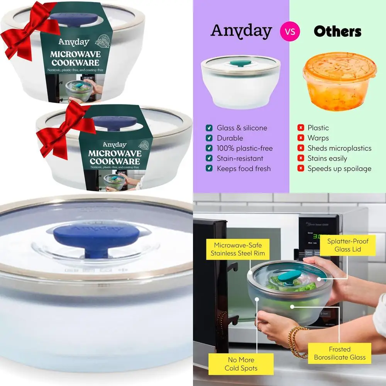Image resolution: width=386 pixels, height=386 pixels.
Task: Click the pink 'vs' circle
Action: [290, 31]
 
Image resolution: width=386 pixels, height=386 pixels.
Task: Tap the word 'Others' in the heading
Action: [337, 31]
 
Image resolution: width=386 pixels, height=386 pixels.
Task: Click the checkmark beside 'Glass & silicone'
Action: [209, 128]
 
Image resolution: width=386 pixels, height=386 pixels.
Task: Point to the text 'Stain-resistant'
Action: [240, 158]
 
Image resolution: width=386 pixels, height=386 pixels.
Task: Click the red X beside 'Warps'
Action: [300, 138]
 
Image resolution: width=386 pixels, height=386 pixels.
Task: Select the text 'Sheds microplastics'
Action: [339, 148]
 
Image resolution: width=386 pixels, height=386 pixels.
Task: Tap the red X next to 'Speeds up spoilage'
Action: [300, 169]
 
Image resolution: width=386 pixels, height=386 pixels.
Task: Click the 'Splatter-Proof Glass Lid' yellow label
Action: [347, 245]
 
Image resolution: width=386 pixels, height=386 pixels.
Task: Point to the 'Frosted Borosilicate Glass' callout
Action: [340, 353]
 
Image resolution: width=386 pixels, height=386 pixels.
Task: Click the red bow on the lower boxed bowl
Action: [64, 128]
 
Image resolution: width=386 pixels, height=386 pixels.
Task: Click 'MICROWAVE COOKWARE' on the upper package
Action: [74, 58]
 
